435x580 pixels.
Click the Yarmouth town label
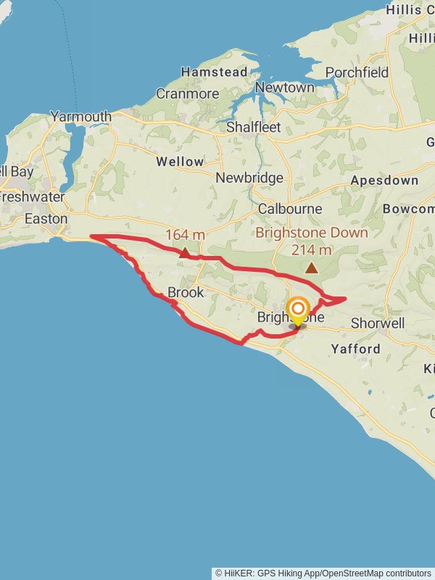pyautogui.click(x=80, y=116)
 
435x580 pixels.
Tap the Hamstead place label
pyautogui.click(x=214, y=72)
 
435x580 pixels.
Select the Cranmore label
pyautogui.click(x=187, y=94)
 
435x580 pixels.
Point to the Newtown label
pyautogui.click(x=285, y=87)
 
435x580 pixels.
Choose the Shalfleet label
pyautogui.click(x=253, y=127)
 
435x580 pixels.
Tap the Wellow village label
pyautogui.click(x=180, y=162)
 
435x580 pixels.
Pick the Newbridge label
pyautogui.click(x=249, y=178)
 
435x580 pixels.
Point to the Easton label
pyautogui.click(x=46, y=218)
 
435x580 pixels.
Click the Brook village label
pyautogui.click(x=186, y=293)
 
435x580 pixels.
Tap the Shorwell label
pyautogui.click(x=377, y=323)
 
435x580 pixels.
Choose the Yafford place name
pyautogui.click(x=355, y=349)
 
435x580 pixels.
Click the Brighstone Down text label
pyautogui.click(x=312, y=233)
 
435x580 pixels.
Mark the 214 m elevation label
pyautogui.click(x=312, y=250)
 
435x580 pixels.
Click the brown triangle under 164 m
pyautogui.click(x=186, y=253)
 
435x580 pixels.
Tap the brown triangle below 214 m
pyautogui.click(x=312, y=268)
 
